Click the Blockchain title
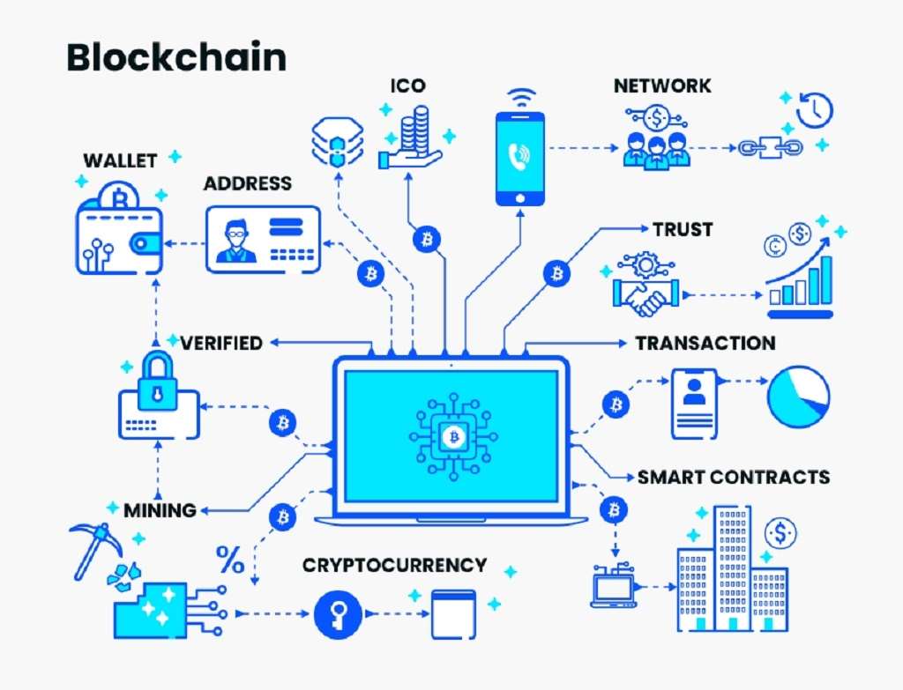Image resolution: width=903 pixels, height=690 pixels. (x=176, y=57)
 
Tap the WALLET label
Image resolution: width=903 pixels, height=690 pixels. (x=120, y=160)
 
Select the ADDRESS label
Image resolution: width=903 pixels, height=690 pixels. (x=248, y=183)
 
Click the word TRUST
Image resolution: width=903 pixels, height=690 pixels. (x=683, y=230)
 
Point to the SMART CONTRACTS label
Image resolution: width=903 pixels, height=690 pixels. (x=733, y=477)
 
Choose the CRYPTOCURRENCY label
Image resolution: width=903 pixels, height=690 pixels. (x=394, y=565)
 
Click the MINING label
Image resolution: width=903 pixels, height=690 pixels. (x=160, y=510)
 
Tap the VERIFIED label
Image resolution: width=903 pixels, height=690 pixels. (x=221, y=343)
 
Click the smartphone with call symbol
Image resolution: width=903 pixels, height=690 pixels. (x=520, y=159)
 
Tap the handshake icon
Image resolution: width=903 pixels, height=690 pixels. (x=646, y=293)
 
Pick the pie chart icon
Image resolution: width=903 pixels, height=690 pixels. (x=798, y=397)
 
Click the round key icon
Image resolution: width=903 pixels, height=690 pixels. (x=339, y=614)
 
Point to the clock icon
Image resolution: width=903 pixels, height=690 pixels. (x=814, y=109)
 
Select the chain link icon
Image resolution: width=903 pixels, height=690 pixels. (x=771, y=147)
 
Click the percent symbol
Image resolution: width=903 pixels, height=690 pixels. (x=230, y=559)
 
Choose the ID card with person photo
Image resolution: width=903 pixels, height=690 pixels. (x=263, y=239)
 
